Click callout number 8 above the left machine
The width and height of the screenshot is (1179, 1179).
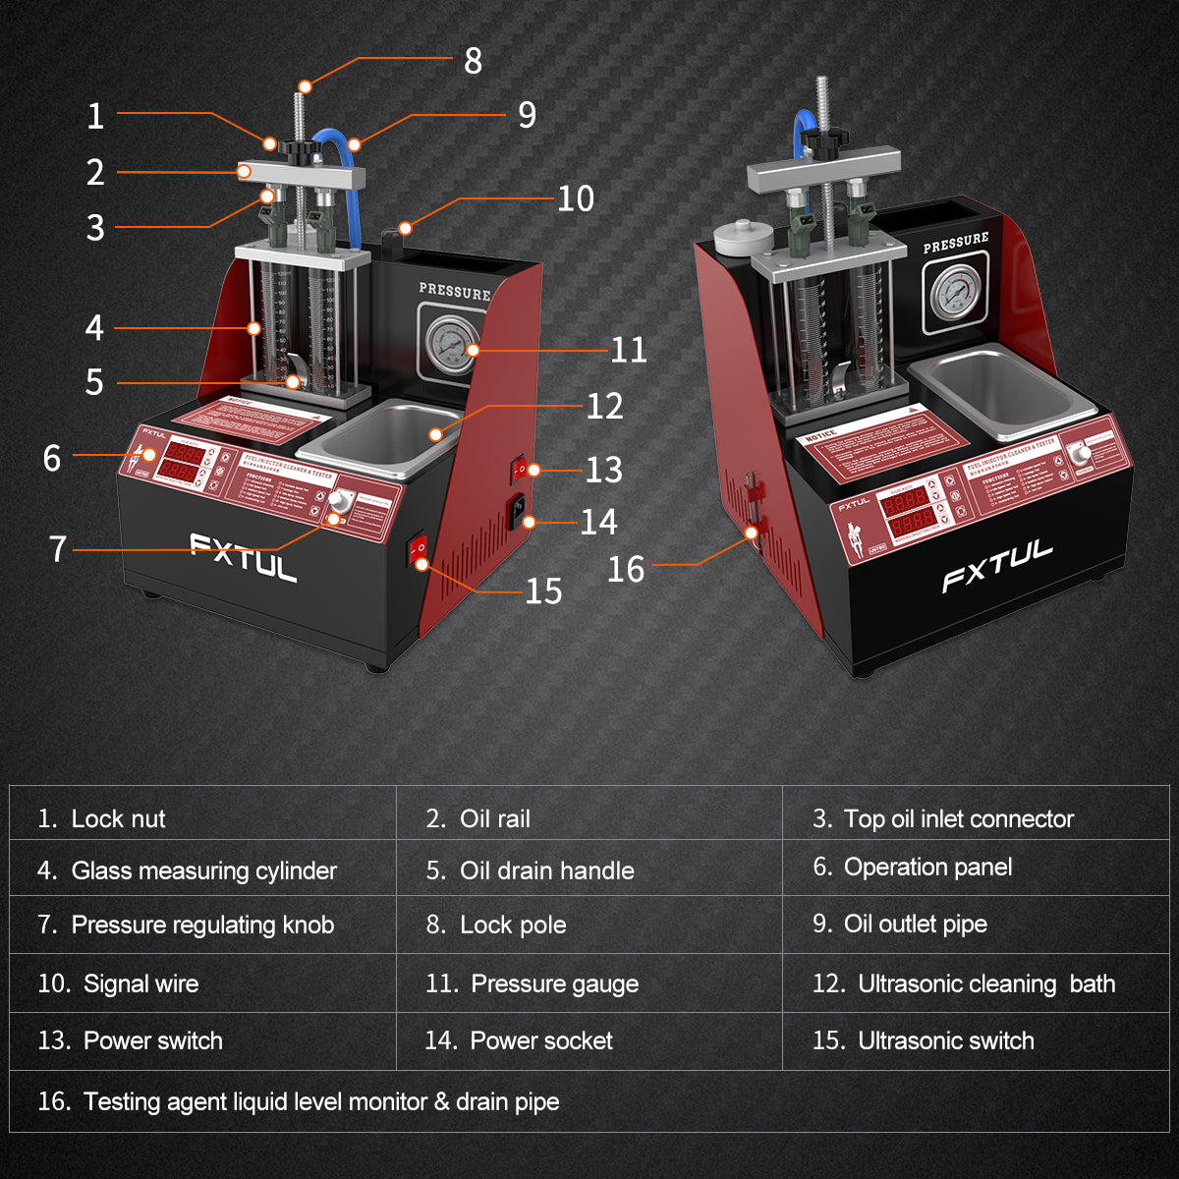(473, 61)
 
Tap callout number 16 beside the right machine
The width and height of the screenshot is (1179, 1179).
(626, 569)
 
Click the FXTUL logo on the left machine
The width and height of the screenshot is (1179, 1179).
(243, 558)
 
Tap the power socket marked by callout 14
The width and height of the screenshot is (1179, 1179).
(515, 512)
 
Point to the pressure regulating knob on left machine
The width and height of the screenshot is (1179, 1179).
(341, 499)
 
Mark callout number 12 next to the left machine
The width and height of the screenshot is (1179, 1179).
(604, 406)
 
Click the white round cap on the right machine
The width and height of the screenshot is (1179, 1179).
(740, 237)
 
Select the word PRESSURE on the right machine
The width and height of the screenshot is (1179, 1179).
(955, 242)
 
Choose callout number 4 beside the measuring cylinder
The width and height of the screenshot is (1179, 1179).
(94, 327)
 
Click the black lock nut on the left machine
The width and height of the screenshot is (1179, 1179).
(299, 149)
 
